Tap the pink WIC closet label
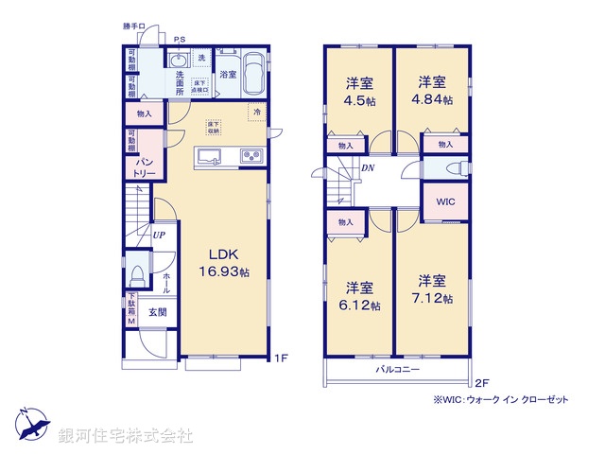(445, 201)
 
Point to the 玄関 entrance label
(157, 312)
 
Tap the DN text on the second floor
(368, 168)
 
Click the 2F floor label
(480, 382)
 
